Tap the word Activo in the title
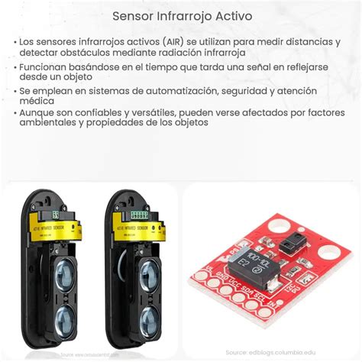231,15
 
